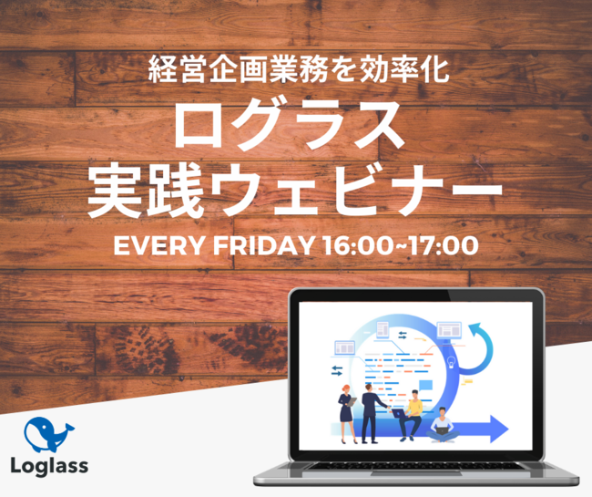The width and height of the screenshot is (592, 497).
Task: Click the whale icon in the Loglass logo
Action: click(x=48, y=435)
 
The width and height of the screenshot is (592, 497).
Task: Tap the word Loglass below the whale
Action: click(x=49, y=466)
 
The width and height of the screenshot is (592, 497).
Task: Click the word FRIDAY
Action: click(x=264, y=245)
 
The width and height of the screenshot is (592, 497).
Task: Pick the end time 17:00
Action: click(x=444, y=245)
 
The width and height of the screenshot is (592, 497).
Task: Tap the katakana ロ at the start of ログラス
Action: click(x=198, y=126)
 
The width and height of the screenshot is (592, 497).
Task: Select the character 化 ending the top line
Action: click(x=435, y=68)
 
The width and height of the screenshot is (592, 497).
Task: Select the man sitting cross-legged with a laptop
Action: click(x=443, y=425)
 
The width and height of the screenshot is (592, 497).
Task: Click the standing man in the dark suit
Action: click(x=371, y=413)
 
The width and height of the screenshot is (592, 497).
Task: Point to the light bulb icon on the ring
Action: click(x=451, y=361)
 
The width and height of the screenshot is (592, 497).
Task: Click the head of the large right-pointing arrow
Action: click(x=499, y=429)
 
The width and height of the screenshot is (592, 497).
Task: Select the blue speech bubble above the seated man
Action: click(x=425, y=386)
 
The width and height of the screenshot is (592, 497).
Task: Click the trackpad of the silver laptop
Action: click(x=416, y=472)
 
